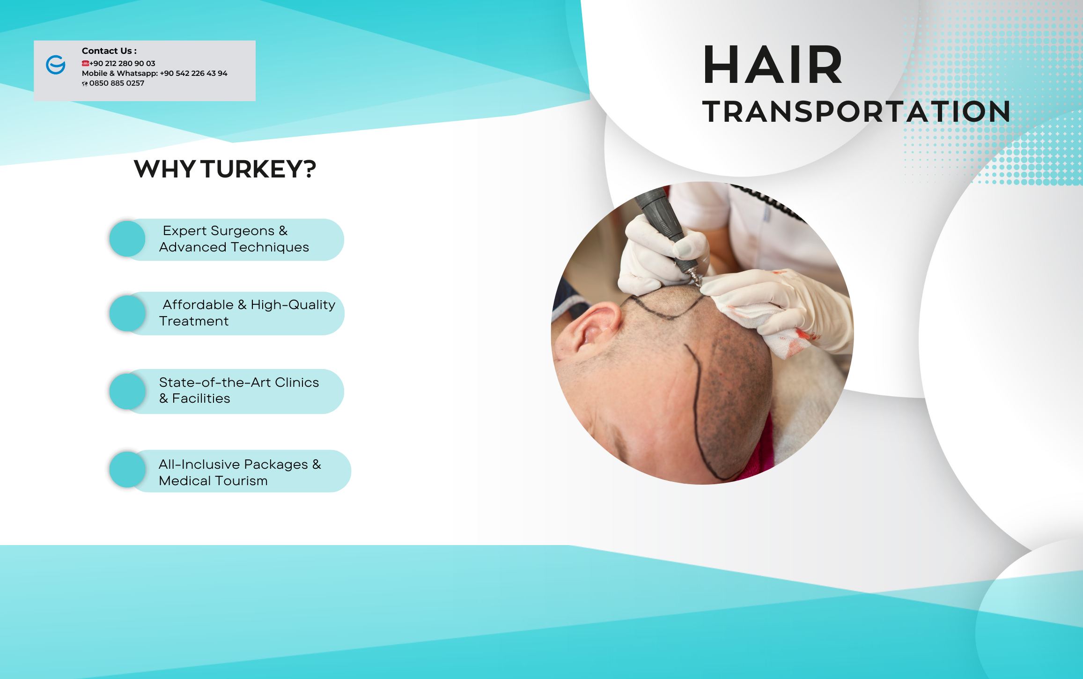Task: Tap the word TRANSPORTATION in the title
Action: (x=856, y=111)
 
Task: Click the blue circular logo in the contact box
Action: (x=56, y=65)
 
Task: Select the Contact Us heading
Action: (x=109, y=51)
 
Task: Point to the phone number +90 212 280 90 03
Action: (x=122, y=63)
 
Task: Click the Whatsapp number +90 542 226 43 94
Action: (x=193, y=73)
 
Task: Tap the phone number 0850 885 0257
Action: (x=117, y=83)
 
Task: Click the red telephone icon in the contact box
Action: (x=85, y=63)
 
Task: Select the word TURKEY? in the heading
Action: (x=259, y=169)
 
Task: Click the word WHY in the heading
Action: (x=164, y=169)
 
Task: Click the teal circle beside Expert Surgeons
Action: (x=127, y=239)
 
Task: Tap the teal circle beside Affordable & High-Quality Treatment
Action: (x=127, y=313)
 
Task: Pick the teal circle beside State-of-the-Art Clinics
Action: (x=127, y=391)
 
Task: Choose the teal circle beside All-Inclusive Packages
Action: (x=127, y=469)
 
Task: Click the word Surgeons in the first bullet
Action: (x=243, y=231)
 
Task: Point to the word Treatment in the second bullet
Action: (x=194, y=321)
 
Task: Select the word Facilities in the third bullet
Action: (x=201, y=399)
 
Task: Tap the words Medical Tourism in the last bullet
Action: (x=213, y=481)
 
